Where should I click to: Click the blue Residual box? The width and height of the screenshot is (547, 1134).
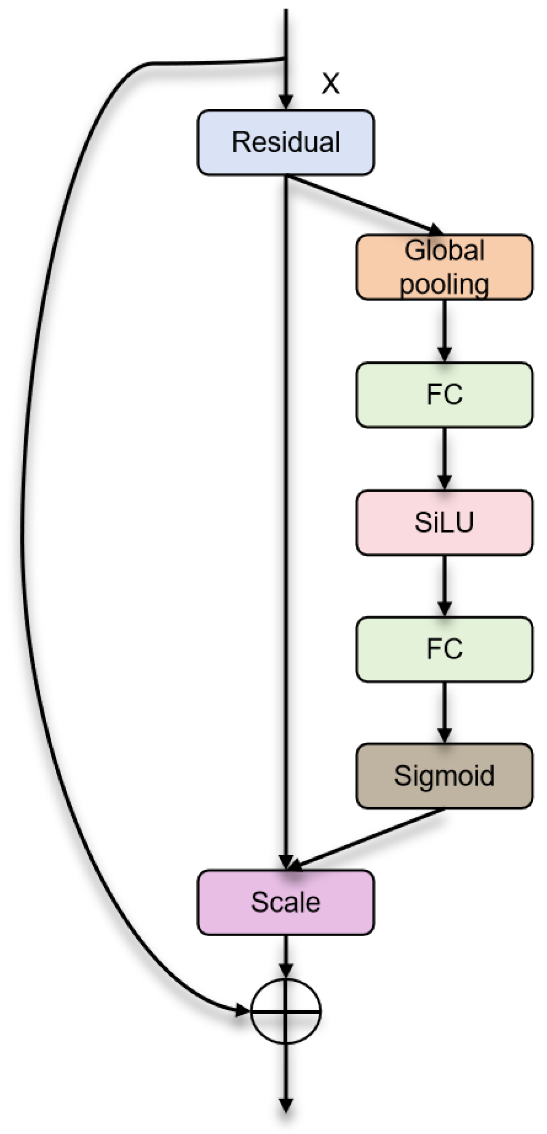coord(286,142)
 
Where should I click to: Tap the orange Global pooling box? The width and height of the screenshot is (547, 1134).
coord(444,267)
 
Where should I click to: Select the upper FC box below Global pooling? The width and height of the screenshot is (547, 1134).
coord(444,394)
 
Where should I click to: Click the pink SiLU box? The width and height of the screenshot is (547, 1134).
coord(444,522)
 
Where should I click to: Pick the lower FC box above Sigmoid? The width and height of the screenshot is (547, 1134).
coord(444,649)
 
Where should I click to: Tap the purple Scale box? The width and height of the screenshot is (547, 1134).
coord(286,903)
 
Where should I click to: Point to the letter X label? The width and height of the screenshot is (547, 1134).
coord(330,83)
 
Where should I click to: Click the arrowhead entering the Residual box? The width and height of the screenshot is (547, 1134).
coord(286,101)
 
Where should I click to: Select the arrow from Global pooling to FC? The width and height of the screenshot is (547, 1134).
coord(444,330)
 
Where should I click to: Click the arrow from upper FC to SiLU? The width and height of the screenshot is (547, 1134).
coord(444,458)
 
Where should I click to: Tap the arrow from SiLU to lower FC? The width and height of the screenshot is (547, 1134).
coord(444,585)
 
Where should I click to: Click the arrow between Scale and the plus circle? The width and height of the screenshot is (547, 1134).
coord(286,955)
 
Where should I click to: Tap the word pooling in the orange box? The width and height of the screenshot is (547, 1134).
coord(444,284)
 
